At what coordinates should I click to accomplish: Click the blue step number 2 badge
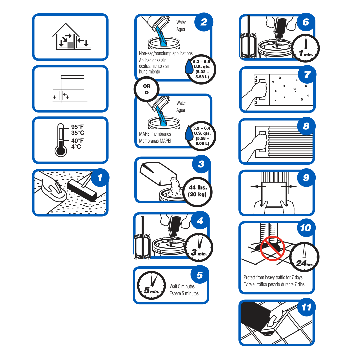point(204,22)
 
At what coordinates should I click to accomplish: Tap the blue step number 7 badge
point(307,74)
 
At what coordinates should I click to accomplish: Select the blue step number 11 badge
point(307,307)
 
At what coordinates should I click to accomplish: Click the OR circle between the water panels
point(147,89)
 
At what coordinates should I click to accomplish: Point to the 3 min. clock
point(199,247)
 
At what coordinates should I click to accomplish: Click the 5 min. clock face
point(152,285)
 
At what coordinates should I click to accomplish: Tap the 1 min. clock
point(306,48)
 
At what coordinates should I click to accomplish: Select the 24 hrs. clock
point(304,257)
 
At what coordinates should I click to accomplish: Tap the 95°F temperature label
point(77,127)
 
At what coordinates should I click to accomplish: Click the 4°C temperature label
point(76,146)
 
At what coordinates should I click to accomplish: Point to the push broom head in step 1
point(82,191)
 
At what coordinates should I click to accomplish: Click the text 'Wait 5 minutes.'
point(183,287)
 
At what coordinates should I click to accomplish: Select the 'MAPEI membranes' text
point(155,134)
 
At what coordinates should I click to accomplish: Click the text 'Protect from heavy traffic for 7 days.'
point(274,277)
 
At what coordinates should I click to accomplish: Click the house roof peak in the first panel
point(66,23)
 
